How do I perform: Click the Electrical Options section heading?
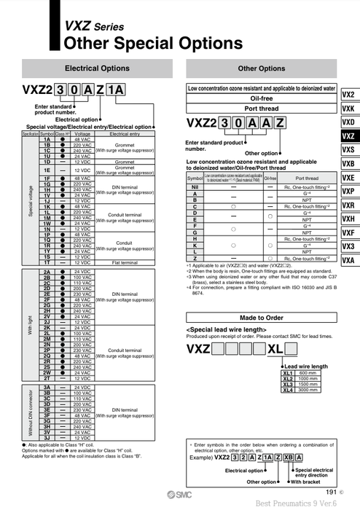coord(97,68)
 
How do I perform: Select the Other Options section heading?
coord(261,68)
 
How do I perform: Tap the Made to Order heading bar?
coord(261,318)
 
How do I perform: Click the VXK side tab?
coord(348,109)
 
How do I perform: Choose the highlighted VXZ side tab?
coord(348,136)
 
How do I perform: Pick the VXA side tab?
coord(348,260)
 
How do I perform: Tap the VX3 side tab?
coord(348,246)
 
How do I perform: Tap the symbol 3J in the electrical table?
coord(47,437)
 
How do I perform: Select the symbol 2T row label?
coord(47,379)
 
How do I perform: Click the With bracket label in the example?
coord(308,482)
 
